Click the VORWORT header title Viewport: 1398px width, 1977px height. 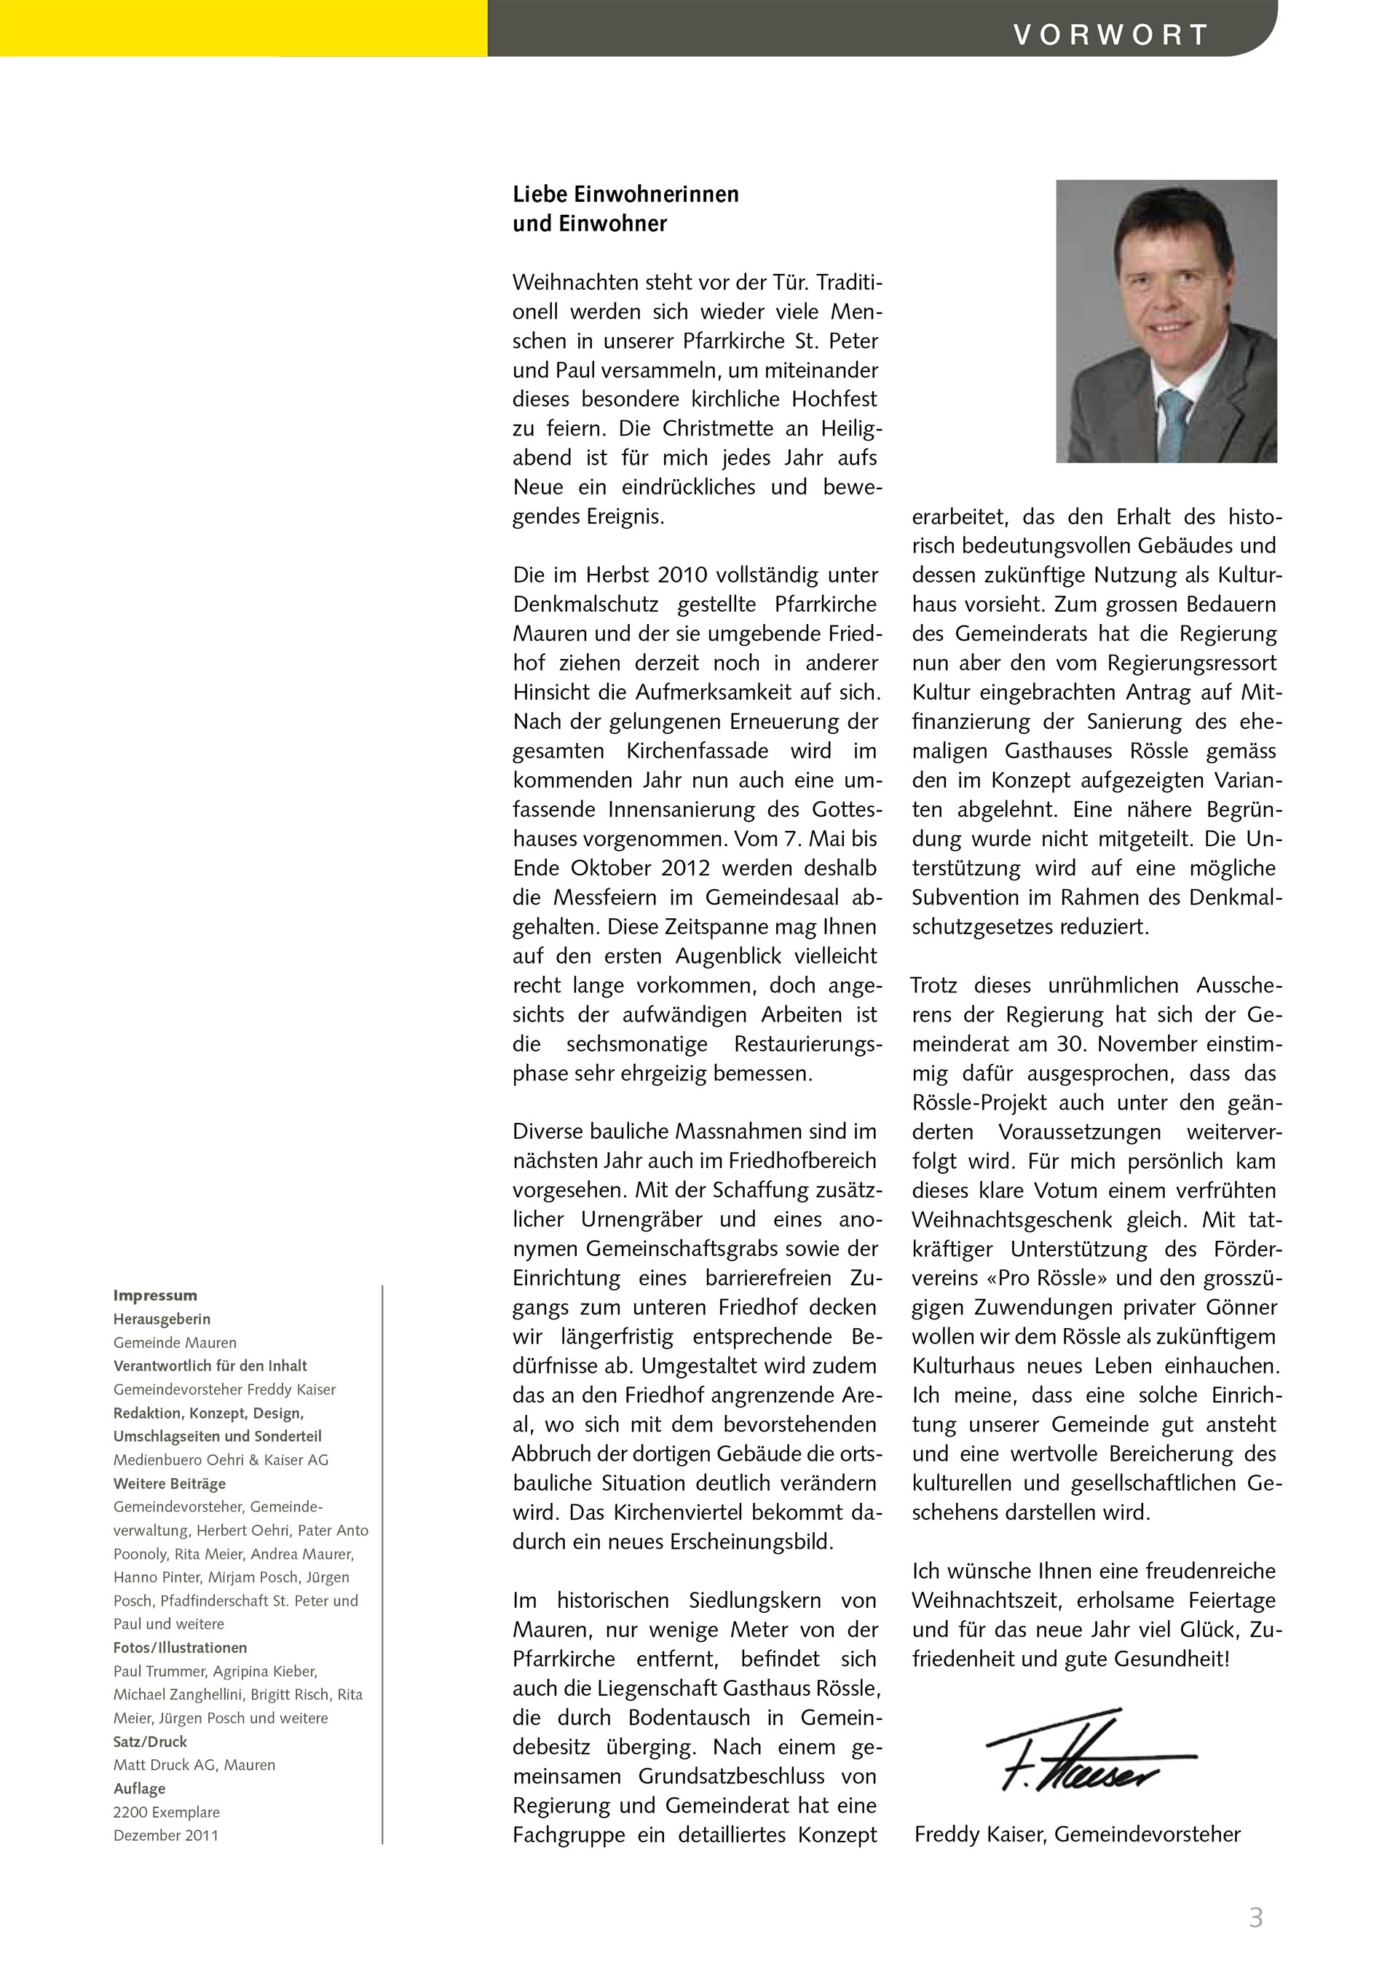(1110, 35)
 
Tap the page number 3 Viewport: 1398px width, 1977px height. (1256, 1917)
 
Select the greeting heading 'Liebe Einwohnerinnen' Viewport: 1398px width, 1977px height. (626, 194)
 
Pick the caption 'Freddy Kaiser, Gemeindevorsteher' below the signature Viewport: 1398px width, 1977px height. (1077, 1834)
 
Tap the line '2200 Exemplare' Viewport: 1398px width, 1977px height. (166, 1812)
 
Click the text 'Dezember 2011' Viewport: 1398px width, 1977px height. (165, 1835)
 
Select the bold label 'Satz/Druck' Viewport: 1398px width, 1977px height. (150, 1741)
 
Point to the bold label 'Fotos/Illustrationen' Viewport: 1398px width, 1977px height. (180, 1647)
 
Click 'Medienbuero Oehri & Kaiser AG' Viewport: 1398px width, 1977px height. (221, 1459)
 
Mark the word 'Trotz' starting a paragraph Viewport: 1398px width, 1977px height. (934, 985)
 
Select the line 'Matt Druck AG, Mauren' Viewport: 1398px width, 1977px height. (194, 1764)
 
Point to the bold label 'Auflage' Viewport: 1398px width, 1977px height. (138, 1788)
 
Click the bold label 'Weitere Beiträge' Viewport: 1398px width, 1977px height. (170, 1483)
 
